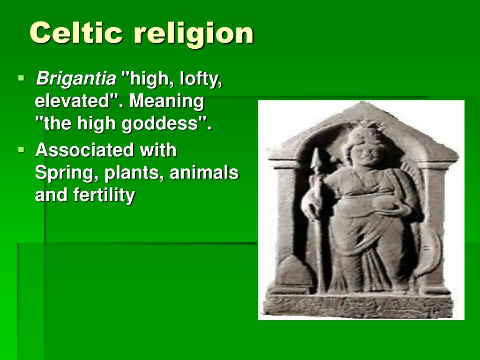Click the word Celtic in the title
click(76, 33)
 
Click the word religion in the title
click(194, 34)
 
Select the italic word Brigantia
click(76, 79)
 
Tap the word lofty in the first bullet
click(201, 79)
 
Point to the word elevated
click(73, 101)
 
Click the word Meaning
click(166, 102)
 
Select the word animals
click(204, 172)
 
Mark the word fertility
click(104, 195)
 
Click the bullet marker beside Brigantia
click(21, 78)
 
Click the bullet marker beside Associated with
click(21, 150)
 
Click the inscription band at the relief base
click(358, 305)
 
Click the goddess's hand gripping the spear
click(312, 207)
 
